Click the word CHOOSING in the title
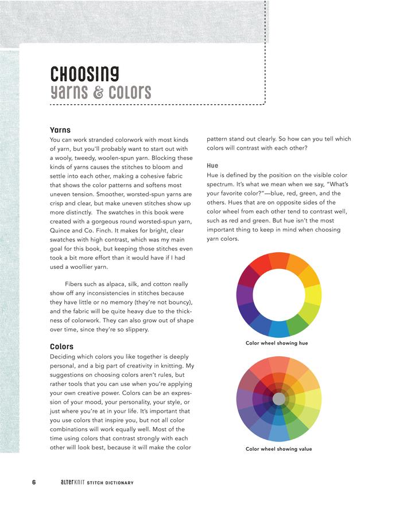point(84,74)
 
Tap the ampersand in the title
point(99,92)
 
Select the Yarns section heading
point(60,130)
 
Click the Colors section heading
point(61,346)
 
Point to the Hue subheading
point(212,166)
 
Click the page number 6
point(34,482)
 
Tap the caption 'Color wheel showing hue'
point(277,343)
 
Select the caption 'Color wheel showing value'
point(279,449)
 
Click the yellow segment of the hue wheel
point(313,295)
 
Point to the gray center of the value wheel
point(279,398)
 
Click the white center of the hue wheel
point(279,295)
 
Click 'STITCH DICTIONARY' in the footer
point(110,483)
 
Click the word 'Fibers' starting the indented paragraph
point(82,284)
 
